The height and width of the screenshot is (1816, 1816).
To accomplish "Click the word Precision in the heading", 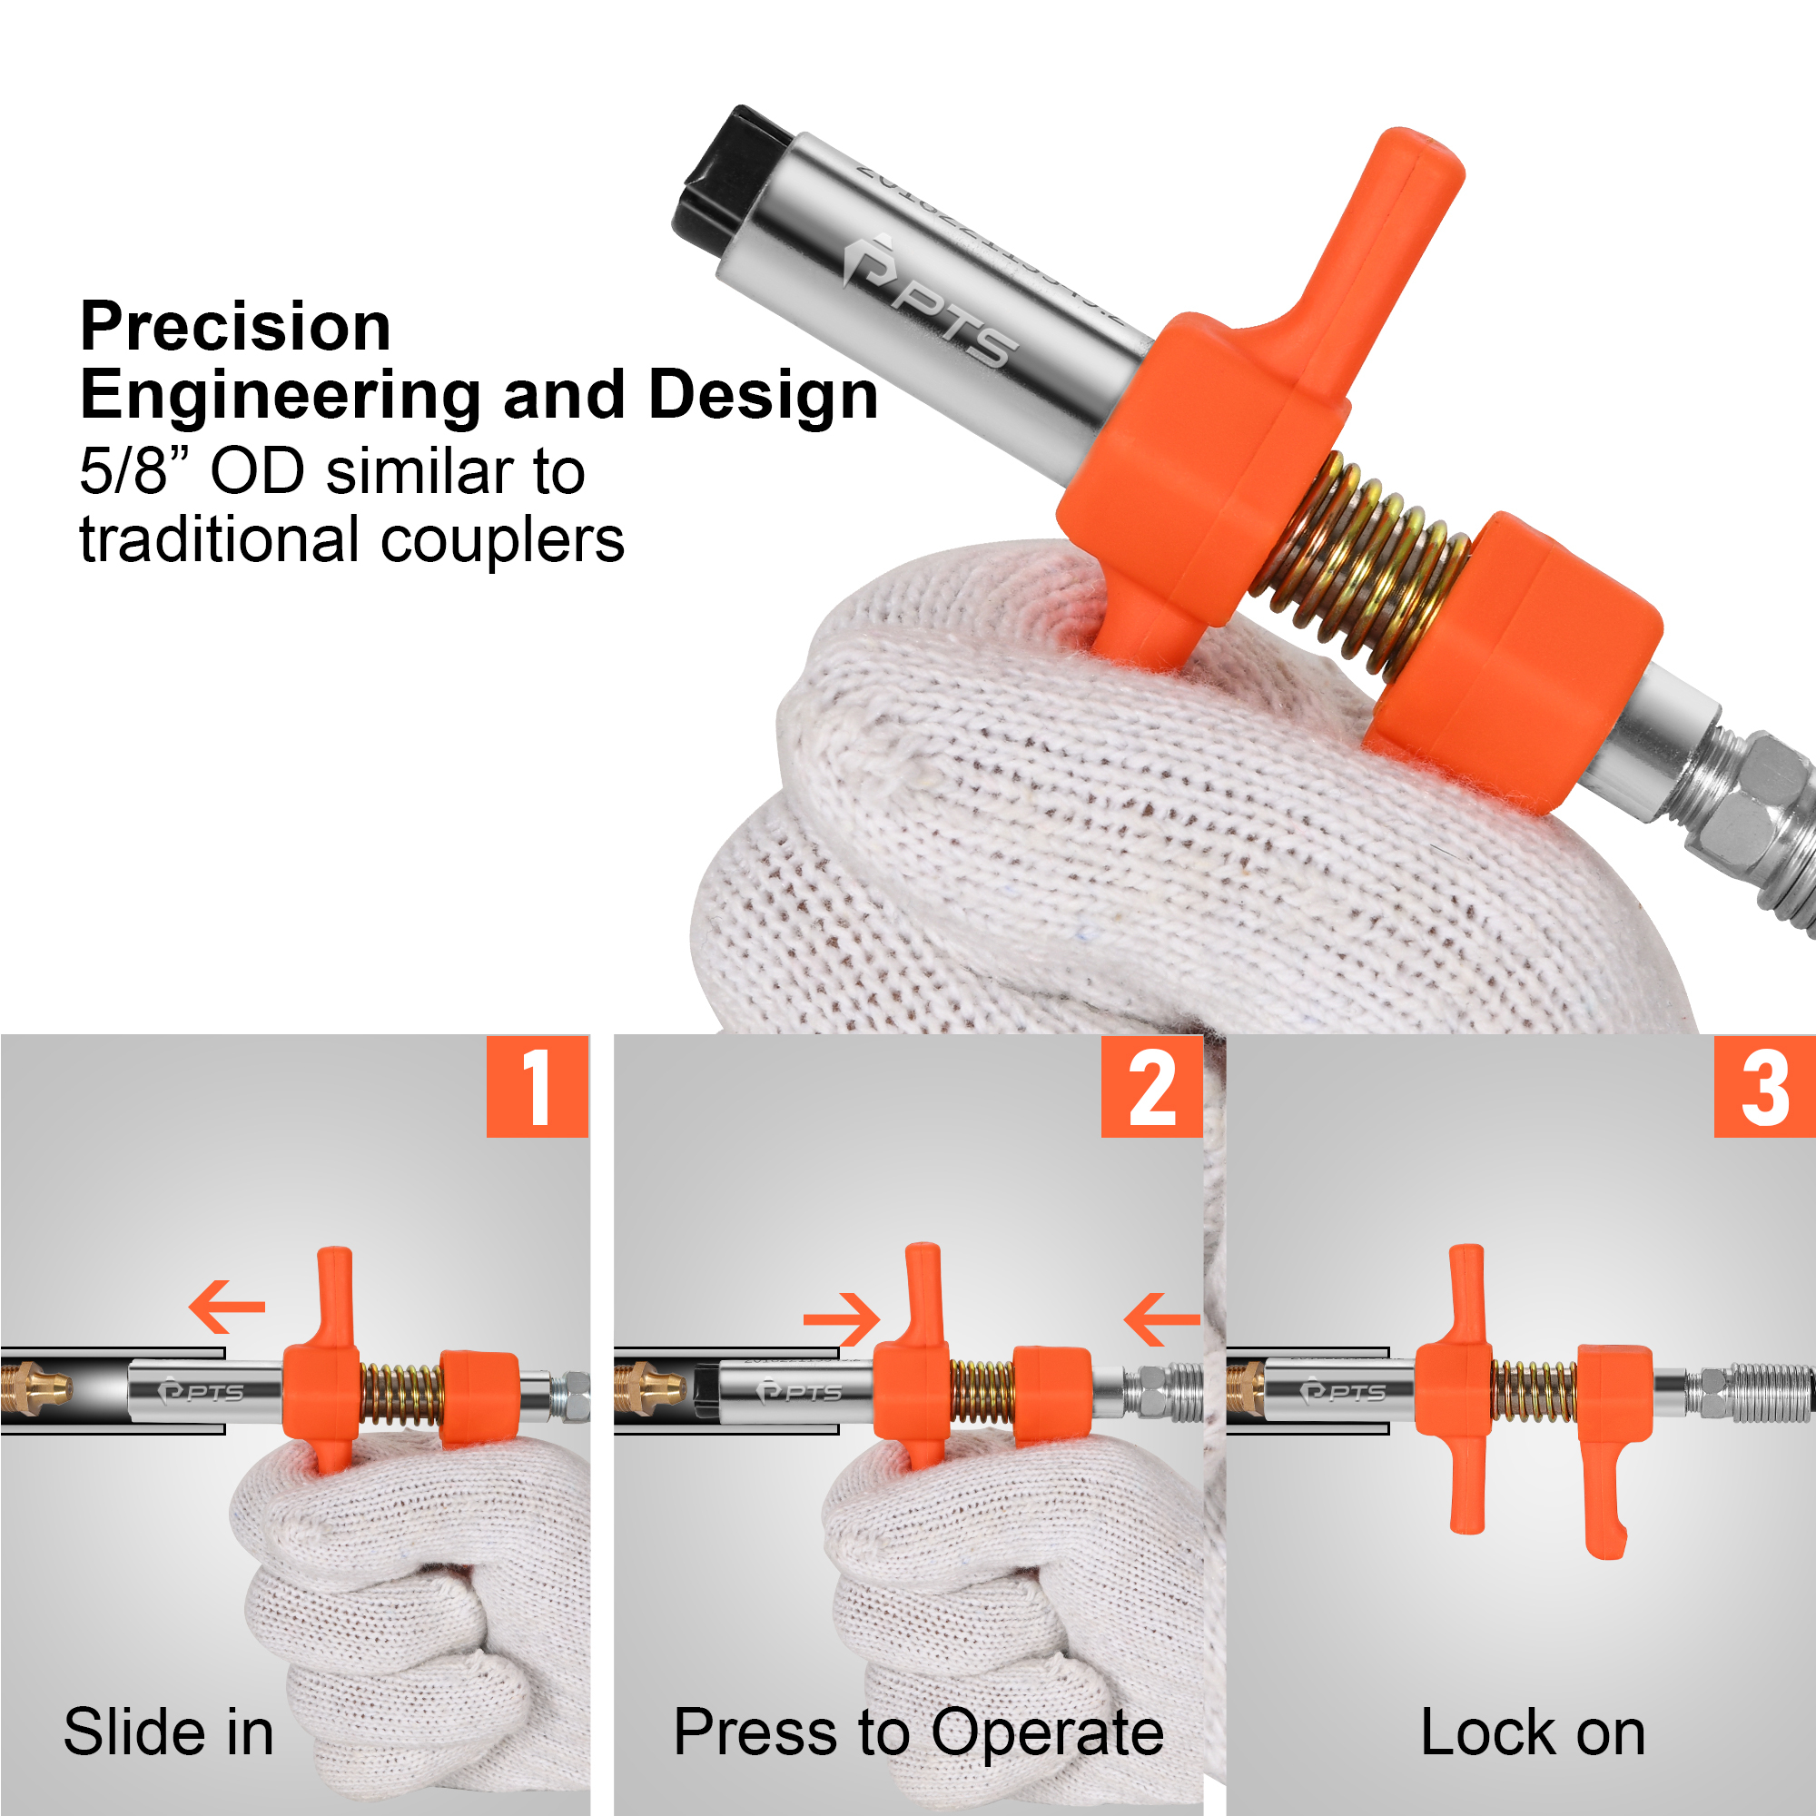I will (235, 327).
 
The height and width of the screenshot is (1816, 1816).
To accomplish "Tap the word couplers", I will (502, 540).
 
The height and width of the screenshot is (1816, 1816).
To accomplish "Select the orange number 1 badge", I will (537, 1088).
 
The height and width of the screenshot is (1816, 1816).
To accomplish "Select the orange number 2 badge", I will (1151, 1088).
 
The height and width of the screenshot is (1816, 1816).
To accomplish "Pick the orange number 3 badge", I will (1764, 1088).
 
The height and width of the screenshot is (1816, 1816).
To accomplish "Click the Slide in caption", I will (169, 1732).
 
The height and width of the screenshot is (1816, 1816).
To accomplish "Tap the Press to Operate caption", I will (918, 1732).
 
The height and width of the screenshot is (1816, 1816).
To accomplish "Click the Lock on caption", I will (1532, 1732).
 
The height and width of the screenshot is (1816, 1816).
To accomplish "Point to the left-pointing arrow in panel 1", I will (226, 1307).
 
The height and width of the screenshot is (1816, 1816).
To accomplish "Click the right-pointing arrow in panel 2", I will (843, 1319).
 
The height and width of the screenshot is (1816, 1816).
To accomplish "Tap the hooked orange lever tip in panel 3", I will (1607, 1543).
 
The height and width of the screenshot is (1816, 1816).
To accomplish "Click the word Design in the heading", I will (764, 395).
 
